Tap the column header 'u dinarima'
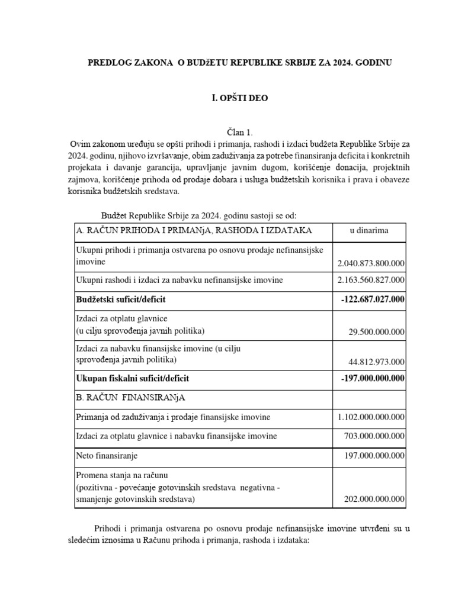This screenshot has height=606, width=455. tap(369, 231)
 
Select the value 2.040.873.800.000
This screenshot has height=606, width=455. tap(371, 263)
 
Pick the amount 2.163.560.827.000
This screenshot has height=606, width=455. tap(371, 280)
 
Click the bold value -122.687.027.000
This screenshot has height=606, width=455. tap(373, 300)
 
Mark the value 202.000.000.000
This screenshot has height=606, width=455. tap(374, 499)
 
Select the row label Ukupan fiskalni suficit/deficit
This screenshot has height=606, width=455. tap(133, 378)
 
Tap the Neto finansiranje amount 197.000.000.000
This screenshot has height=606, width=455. tap(374, 456)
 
